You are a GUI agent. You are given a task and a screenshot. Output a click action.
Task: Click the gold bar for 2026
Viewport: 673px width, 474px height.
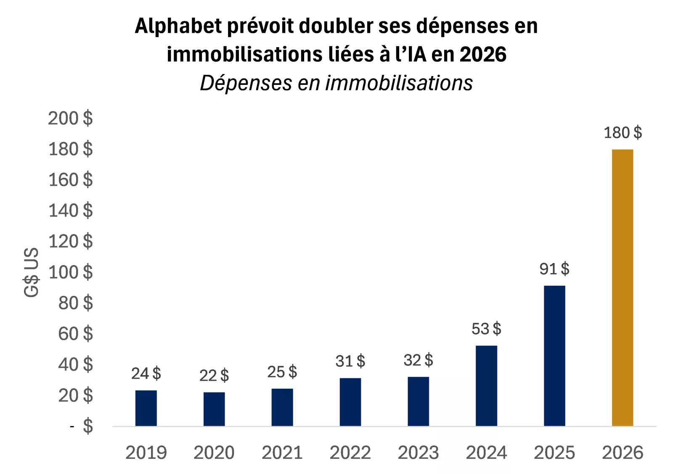point(622,287)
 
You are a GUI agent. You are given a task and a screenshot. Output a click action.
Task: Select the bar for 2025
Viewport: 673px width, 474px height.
point(554,355)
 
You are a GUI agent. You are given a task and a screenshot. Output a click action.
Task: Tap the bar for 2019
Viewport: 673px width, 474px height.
point(146,408)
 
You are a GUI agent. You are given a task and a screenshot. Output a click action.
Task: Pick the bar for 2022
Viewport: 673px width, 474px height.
point(350,402)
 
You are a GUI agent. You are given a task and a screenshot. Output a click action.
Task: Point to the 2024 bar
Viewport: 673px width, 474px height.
point(486,386)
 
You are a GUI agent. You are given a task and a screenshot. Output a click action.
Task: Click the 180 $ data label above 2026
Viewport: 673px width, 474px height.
point(623,133)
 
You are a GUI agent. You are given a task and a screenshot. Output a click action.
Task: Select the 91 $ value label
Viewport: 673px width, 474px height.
point(554,269)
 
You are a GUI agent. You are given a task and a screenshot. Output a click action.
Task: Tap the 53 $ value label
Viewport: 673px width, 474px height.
point(486,329)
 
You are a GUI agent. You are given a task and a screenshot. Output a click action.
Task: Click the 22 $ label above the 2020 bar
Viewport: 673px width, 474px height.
point(214,375)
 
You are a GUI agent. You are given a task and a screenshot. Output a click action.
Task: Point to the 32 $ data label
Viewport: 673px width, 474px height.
point(418,360)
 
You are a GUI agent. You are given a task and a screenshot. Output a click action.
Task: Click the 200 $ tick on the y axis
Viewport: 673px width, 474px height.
point(70,118)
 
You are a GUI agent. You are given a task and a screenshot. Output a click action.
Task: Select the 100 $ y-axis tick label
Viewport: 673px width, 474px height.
point(70,272)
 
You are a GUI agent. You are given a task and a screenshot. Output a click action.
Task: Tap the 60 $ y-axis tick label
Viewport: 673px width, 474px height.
point(75,334)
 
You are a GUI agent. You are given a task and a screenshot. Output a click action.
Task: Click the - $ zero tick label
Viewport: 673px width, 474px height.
point(82,426)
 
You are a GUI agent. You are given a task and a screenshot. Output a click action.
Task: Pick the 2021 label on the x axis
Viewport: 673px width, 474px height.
point(282,453)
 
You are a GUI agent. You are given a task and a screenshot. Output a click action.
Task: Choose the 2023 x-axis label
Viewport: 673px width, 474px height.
point(418,453)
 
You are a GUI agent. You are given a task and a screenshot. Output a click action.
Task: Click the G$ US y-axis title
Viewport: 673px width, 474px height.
point(32,272)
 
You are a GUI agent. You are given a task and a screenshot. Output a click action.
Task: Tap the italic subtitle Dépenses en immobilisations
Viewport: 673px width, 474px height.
point(336,83)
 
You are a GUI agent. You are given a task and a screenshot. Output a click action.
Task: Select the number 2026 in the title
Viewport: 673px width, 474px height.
point(483,55)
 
